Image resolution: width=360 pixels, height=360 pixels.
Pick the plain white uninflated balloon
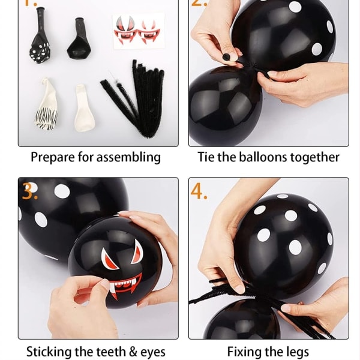click(84, 109)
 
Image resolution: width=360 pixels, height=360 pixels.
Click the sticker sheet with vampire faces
click(139, 31)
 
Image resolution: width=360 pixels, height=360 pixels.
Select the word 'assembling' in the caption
click(128, 157)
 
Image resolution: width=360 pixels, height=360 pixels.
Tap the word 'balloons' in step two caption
click(263, 157)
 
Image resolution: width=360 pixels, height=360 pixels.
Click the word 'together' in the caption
click(315, 158)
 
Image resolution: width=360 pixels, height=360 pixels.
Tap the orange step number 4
click(199, 191)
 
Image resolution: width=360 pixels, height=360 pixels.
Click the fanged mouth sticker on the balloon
click(125, 284)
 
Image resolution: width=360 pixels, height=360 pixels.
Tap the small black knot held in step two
click(226, 57)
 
